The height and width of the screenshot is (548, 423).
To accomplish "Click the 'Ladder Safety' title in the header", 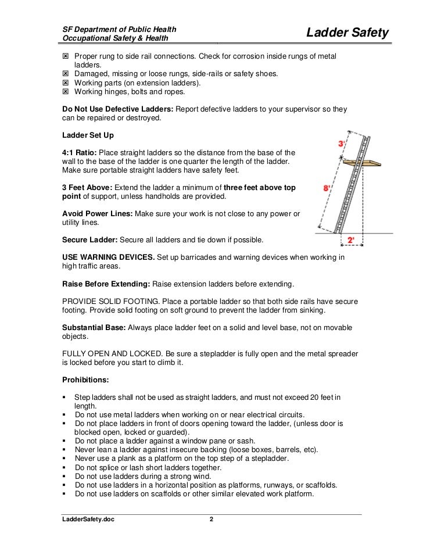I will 347,34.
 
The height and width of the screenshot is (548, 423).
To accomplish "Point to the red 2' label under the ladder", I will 350,239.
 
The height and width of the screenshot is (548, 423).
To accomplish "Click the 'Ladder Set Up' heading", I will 88,135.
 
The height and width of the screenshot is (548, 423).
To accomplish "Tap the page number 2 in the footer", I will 212,519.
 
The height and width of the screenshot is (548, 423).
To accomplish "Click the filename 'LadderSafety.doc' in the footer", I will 88,519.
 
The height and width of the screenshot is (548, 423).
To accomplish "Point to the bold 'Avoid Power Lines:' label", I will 97,214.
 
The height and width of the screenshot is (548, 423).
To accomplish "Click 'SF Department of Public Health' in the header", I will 119,29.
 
